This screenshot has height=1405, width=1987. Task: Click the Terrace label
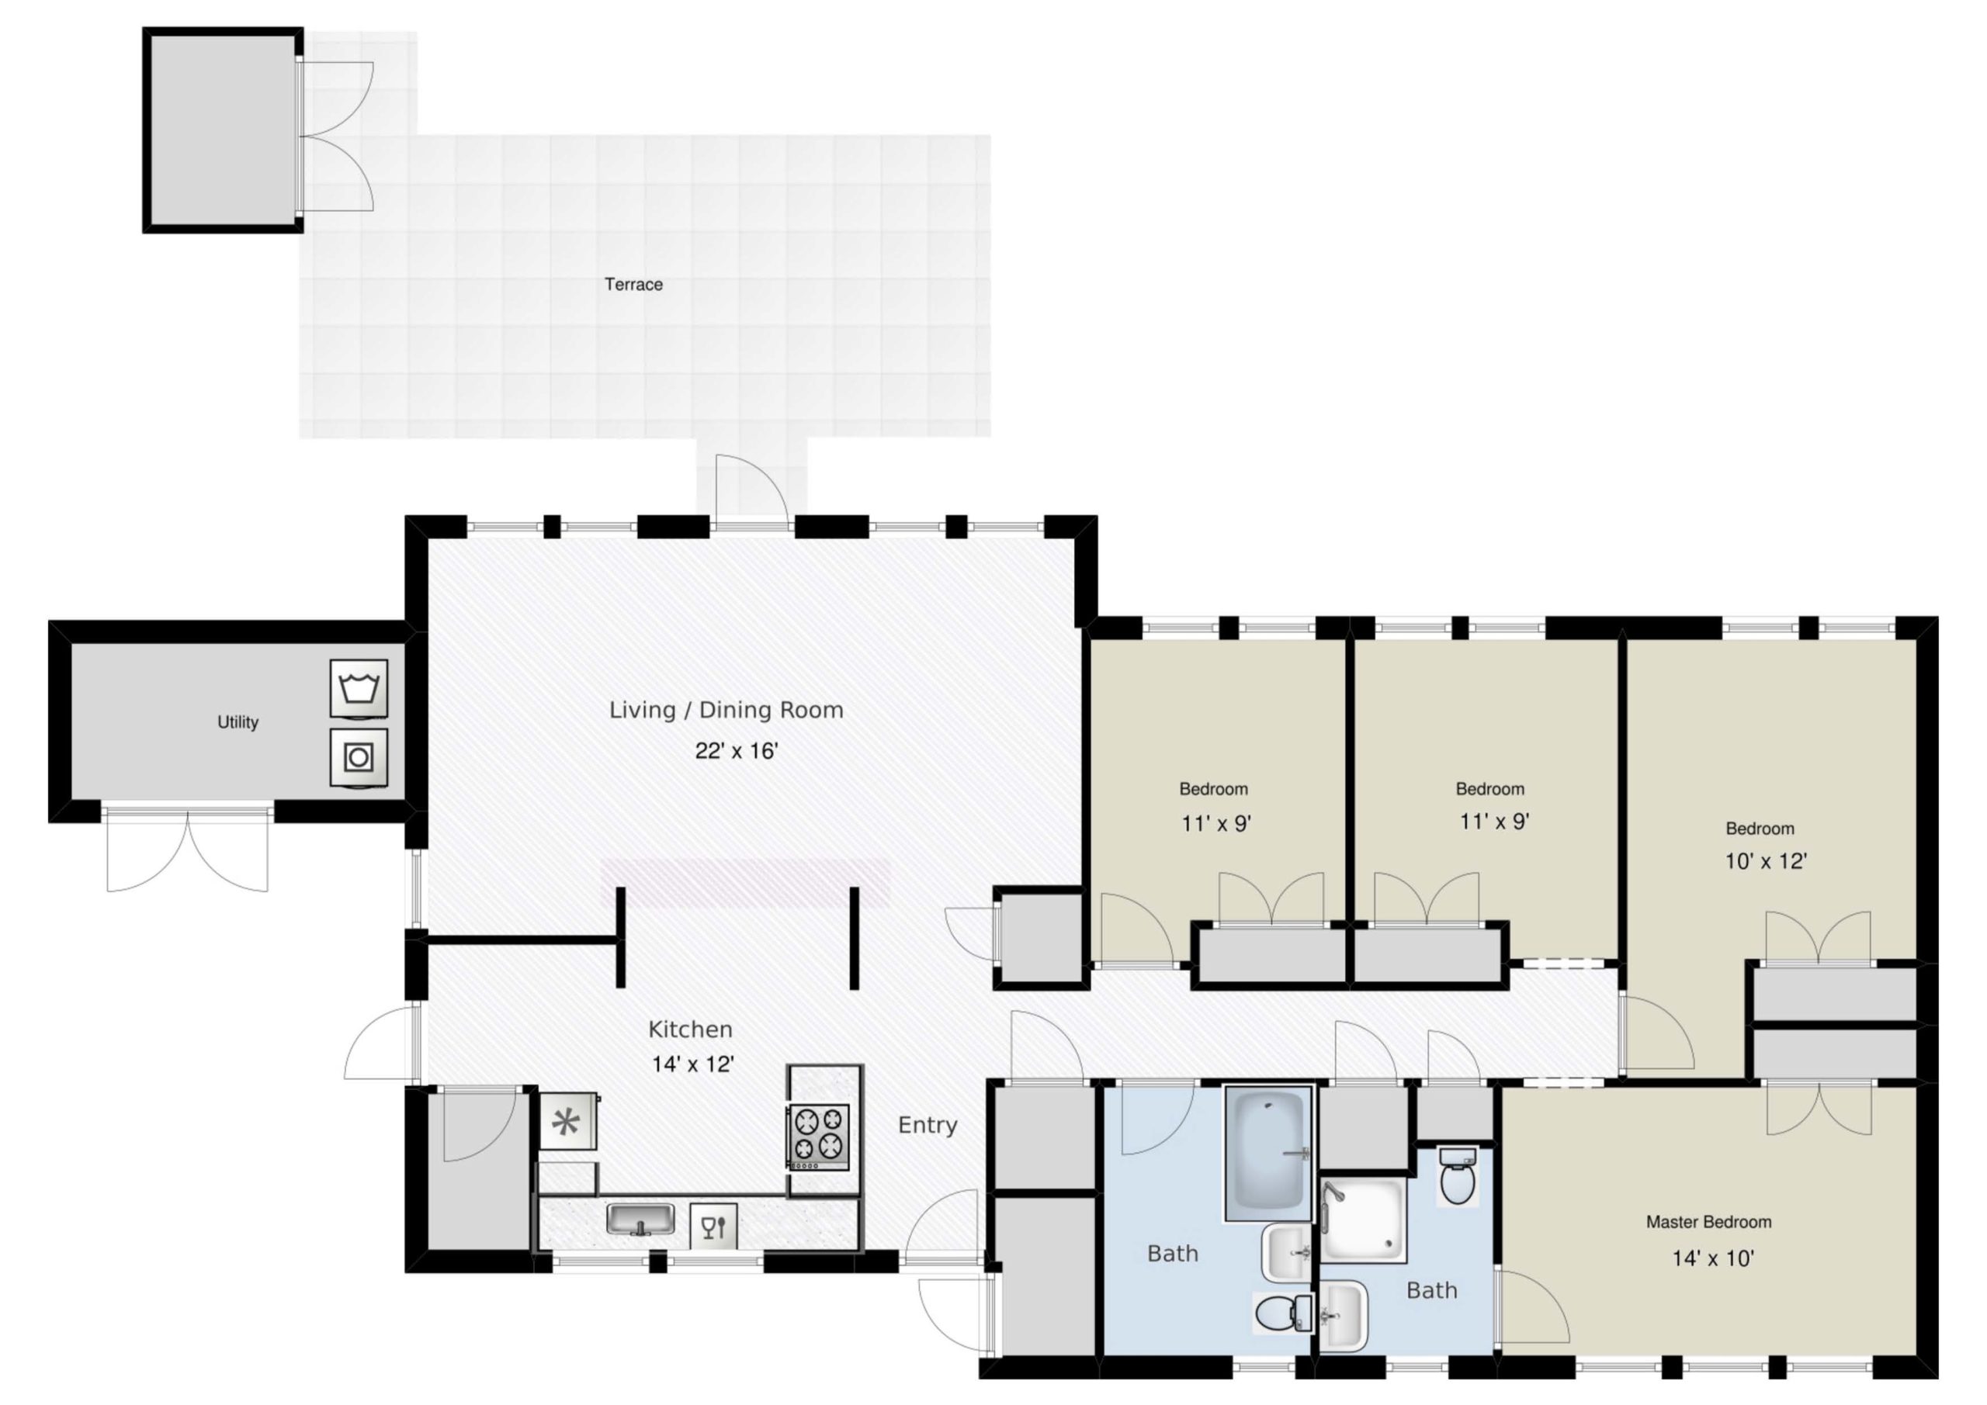(x=633, y=284)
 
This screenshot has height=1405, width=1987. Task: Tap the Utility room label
(x=238, y=722)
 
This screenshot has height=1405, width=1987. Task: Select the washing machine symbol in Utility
(x=359, y=689)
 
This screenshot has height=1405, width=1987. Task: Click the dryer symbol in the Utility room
(x=359, y=759)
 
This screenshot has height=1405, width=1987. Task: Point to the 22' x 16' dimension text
(x=737, y=751)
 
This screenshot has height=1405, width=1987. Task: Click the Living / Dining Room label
(x=726, y=711)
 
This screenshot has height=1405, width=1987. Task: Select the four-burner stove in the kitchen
(x=818, y=1137)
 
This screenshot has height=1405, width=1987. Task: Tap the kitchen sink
(x=640, y=1220)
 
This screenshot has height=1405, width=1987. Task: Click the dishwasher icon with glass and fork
(x=714, y=1226)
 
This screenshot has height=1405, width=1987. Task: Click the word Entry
(x=928, y=1126)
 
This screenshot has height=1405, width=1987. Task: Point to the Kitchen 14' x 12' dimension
(x=693, y=1064)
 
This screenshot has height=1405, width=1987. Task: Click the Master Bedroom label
(x=1708, y=1222)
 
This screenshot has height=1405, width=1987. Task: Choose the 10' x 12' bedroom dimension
(x=1767, y=862)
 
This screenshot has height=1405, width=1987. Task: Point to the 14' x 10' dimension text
(x=1713, y=1259)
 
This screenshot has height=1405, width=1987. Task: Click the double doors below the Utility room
(x=187, y=851)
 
